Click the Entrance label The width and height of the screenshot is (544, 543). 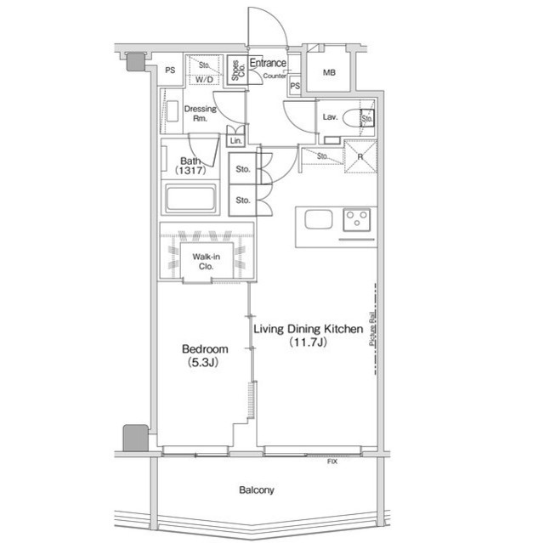point(268,64)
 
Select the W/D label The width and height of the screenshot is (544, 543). point(204,80)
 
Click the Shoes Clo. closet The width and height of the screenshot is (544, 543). point(235,72)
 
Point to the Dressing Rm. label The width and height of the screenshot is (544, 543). point(201,114)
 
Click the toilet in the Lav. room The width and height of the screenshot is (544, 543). point(357,119)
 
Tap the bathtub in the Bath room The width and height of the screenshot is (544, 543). point(191,201)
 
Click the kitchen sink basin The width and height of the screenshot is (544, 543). point(318,219)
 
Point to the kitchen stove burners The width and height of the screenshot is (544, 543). point(359,219)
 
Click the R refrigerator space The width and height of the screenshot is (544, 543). point(360,156)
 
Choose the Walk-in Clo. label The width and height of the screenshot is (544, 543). point(207,260)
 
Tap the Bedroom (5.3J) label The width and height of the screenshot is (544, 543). point(205,354)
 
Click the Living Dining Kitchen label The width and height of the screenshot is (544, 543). point(309,335)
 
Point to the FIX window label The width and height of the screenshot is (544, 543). point(332,461)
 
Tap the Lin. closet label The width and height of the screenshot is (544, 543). point(235,140)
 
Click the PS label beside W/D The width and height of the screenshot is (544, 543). point(170,71)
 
